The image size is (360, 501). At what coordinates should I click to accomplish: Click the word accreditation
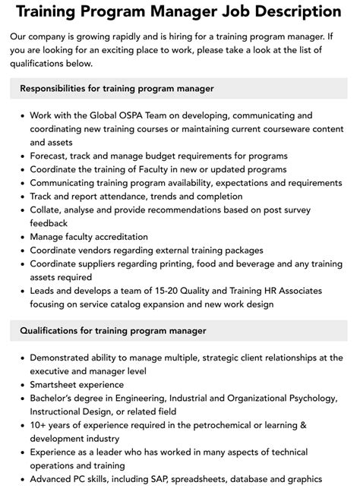coord(122,237)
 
